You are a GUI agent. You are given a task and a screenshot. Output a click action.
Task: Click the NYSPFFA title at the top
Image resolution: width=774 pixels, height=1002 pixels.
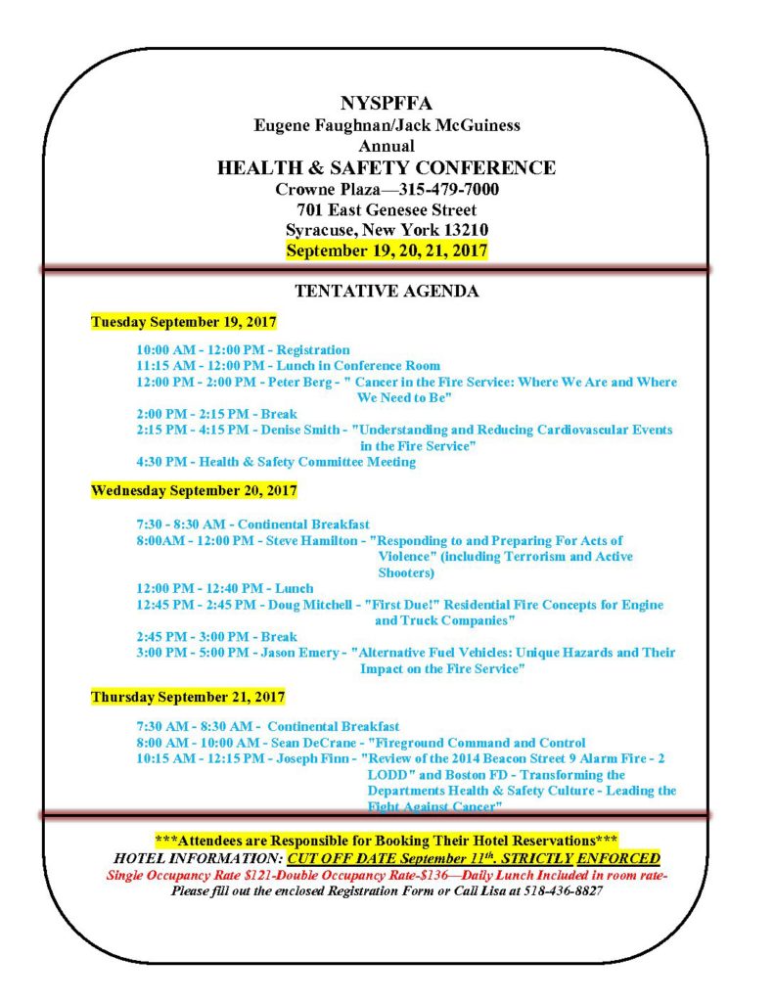click(x=386, y=103)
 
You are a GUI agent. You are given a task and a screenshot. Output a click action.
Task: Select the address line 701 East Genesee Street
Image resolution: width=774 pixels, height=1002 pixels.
click(x=387, y=209)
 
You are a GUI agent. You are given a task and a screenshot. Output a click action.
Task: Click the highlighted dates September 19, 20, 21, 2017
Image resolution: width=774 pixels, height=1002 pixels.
click(x=387, y=250)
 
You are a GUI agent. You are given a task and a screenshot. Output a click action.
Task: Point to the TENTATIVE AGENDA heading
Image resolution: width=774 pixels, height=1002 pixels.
click(x=387, y=291)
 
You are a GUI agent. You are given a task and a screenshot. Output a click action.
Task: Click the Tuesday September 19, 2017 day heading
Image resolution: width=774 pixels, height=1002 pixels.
click(x=184, y=321)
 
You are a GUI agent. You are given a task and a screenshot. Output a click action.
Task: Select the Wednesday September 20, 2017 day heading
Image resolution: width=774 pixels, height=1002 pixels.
click(x=194, y=490)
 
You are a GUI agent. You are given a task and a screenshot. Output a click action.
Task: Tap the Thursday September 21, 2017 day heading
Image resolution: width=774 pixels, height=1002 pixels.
click(x=188, y=697)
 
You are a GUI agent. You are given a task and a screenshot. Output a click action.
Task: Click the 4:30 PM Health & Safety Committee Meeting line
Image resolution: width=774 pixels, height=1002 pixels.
click(x=276, y=462)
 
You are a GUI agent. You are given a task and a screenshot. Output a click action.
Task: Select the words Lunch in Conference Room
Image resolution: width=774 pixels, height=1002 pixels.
click(x=362, y=365)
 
